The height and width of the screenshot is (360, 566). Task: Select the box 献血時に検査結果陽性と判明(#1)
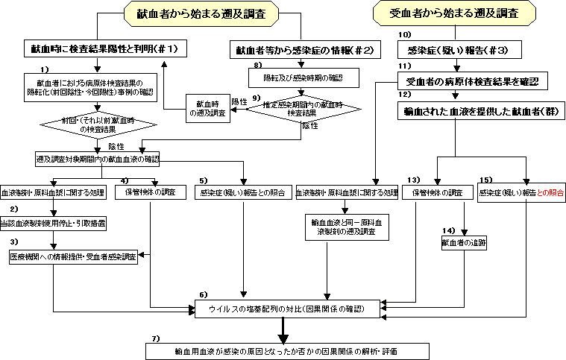[x=104, y=49]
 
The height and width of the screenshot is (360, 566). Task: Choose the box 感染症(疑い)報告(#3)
[x=458, y=50]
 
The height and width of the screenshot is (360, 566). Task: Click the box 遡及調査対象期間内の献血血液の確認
[x=97, y=160]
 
